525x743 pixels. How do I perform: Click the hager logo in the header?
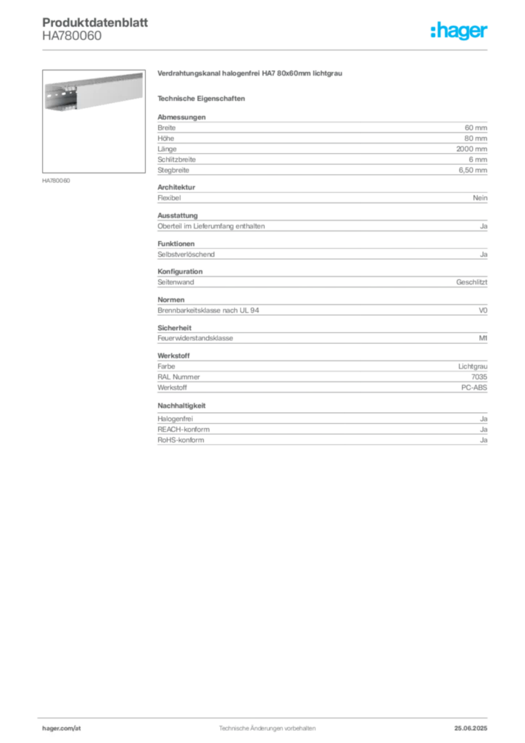coord(458,30)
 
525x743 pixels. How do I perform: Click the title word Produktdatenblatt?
coord(95,22)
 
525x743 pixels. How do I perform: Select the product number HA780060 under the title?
coord(72,36)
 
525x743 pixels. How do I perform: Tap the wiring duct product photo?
coord(94,121)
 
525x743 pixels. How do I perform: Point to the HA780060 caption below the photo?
coord(56,181)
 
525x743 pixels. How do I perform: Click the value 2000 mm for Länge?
coord(471,149)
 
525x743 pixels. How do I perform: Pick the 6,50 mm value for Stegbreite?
coord(473,170)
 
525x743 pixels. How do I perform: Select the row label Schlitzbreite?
coord(177,160)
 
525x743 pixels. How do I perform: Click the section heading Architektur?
coord(176,187)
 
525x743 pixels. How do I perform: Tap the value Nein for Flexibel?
coord(480,198)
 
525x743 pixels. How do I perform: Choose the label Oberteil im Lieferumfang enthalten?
coord(211,226)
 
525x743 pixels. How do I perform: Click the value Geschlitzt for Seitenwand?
coord(471,282)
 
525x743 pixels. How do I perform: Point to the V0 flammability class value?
coord(483,311)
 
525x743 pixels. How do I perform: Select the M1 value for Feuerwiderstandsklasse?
coord(483,338)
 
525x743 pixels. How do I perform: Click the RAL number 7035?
coord(479,377)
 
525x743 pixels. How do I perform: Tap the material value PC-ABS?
coord(474,387)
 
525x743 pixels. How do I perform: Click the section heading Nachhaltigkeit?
coord(182,406)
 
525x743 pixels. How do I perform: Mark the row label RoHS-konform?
coord(181,440)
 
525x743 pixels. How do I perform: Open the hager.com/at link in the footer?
coord(62,728)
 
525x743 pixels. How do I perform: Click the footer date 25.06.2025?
coord(471,728)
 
